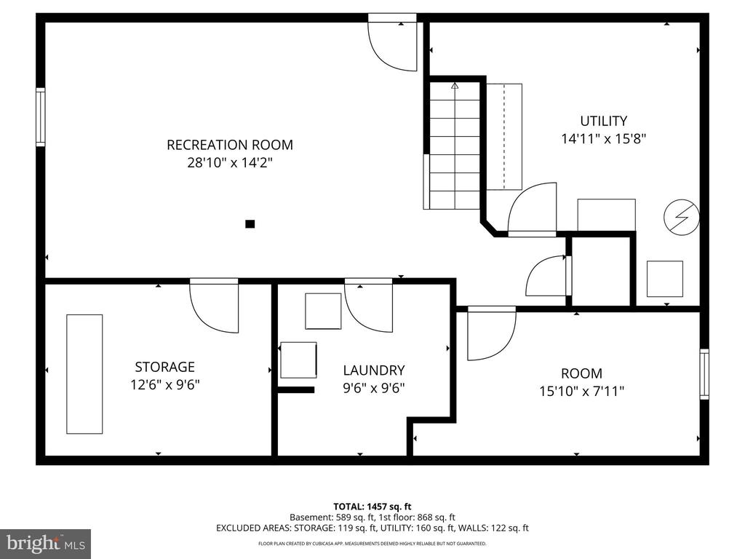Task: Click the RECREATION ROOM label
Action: pyautogui.click(x=229, y=145)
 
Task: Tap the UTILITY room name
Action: pyautogui.click(x=603, y=121)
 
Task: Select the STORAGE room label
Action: pyautogui.click(x=165, y=367)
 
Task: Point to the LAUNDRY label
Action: pyautogui.click(x=374, y=370)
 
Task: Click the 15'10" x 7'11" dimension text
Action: pyautogui.click(x=581, y=391)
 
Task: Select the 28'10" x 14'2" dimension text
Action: pyautogui.click(x=230, y=162)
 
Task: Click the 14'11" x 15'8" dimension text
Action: pyautogui.click(x=603, y=139)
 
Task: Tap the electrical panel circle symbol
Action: pyautogui.click(x=681, y=217)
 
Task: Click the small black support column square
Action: pyautogui.click(x=250, y=224)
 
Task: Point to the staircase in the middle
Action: pyautogui.click(x=455, y=146)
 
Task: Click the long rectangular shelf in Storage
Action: pyautogui.click(x=84, y=374)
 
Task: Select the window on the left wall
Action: pyautogui.click(x=41, y=117)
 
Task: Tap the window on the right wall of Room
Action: pyautogui.click(x=704, y=374)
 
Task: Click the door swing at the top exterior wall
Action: pyautogui.click(x=392, y=46)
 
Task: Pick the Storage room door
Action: pyautogui.click(x=214, y=306)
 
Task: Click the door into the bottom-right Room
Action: pyautogui.click(x=492, y=333)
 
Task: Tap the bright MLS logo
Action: pyautogui.click(x=46, y=543)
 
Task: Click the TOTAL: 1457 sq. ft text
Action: pyautogui.click(x=372, y=507)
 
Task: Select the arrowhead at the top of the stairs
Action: pyautogui.click(x=455, y=86)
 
